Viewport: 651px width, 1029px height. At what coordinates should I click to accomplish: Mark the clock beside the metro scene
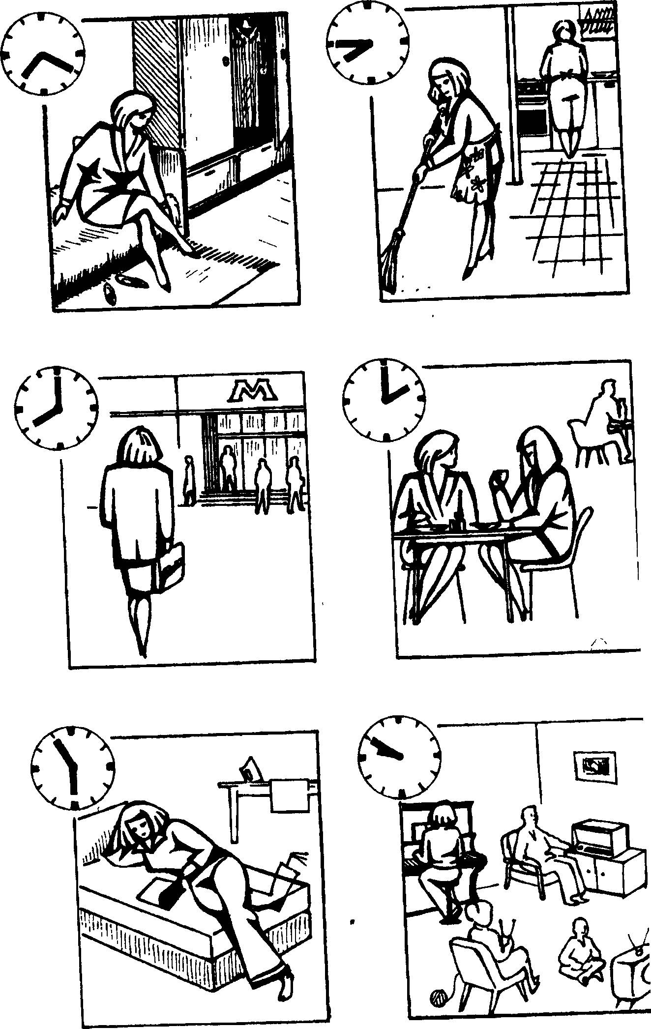[x=56, y=408]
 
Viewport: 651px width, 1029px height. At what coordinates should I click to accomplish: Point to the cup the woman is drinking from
[x=498, y=476]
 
